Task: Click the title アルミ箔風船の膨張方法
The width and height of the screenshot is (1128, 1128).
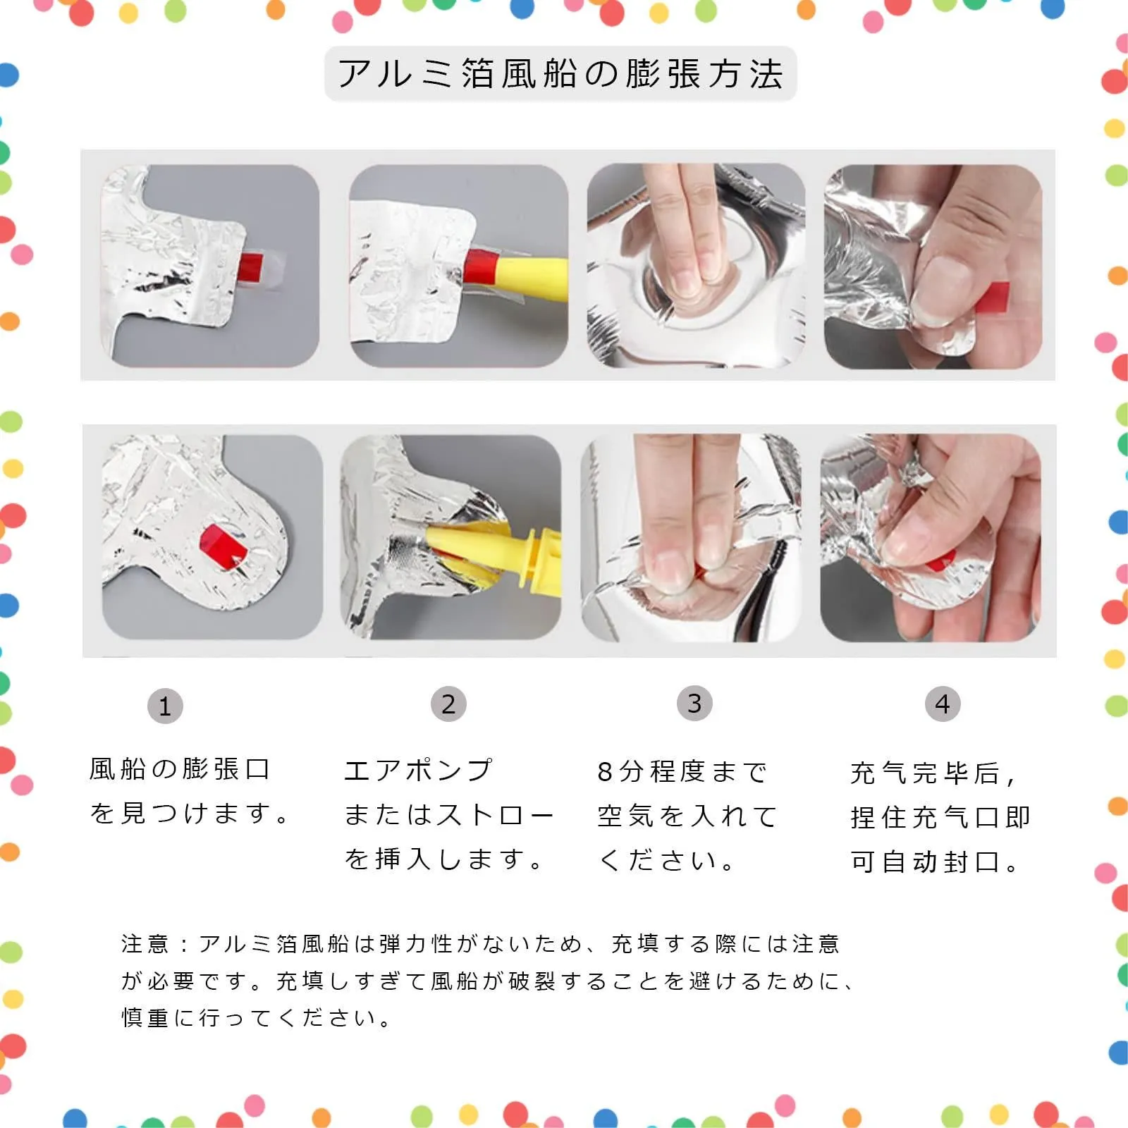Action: [x=560, y=74]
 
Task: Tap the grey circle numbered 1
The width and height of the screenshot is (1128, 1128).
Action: [x=165, y=706]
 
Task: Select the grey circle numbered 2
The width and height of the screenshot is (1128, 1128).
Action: [x=448, y=704]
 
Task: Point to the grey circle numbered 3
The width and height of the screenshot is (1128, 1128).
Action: [x=694, y=703]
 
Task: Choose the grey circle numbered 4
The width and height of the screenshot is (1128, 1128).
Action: [x=943, y=704]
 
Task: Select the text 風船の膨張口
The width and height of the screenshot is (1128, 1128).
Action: [x=180, y=769]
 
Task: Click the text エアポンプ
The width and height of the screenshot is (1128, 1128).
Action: [x=418, y=771]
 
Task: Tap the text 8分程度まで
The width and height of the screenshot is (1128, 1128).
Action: [x=682, y=772]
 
